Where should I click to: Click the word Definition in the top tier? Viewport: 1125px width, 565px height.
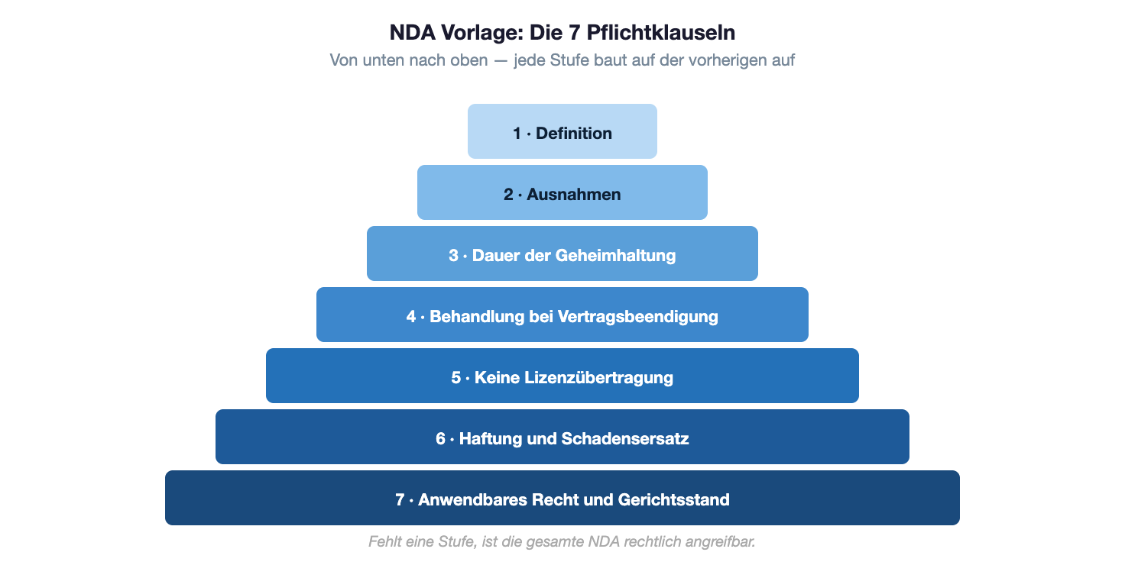[x=574, y=134]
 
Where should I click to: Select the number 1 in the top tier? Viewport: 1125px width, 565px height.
[x=517, y=134]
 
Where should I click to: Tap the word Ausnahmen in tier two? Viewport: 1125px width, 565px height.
[x=573, y=195]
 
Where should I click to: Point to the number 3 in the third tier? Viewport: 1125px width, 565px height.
[x=453, y=256]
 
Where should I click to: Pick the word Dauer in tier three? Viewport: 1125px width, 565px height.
[x=494, y=256]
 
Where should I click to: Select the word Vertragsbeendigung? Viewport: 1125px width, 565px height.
[x=638, y=317]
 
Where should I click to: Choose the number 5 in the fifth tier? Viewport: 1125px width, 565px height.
[x=456, y=378]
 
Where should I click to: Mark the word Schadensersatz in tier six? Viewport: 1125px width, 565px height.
[x=625, y=439]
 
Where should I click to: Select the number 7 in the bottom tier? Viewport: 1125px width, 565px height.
[x=400, y=500]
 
